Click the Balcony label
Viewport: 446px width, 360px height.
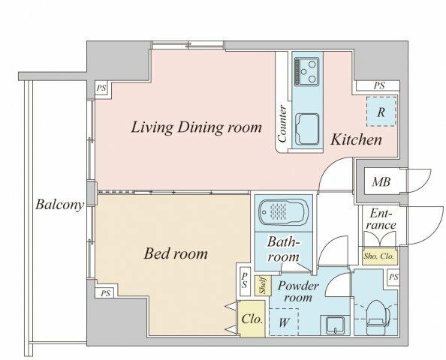(x=60, y=205)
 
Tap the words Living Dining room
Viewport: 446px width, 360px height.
(x=196, y=127)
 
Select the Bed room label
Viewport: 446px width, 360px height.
(x=176, y=253)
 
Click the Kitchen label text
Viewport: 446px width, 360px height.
(x=356, y=139)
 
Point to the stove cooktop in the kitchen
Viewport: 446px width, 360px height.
(x=306, y=70)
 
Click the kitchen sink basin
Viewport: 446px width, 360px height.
(x=307, y=129)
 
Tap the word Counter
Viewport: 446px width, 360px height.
(x=282, y=124)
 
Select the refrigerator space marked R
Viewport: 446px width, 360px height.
(x=381, y=112)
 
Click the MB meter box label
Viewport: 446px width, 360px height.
(x=381, y=181)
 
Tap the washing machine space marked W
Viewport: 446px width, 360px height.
(x=284, y=322)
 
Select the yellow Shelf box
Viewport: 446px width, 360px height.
(x=263, y=286)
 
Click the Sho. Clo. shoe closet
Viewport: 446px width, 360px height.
(x=379, y=256)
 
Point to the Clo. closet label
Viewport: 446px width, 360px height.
(x=252, y=319)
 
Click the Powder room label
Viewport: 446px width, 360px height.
(x=298, y=292)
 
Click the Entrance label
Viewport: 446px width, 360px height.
(x=381, y=219)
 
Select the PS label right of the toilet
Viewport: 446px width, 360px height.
(x=393, y=277)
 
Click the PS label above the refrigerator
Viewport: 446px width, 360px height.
(x=379, y=85)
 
